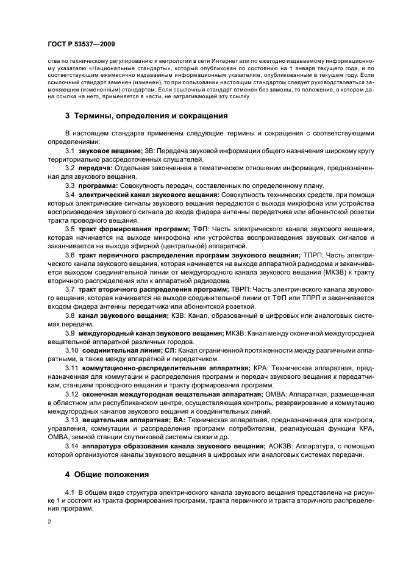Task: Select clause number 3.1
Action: click(70, 149)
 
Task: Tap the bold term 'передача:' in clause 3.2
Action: click(95, 167)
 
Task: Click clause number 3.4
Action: click(70, 194)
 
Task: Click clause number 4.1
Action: click(70, 491)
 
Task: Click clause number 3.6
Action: click(70, 254)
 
